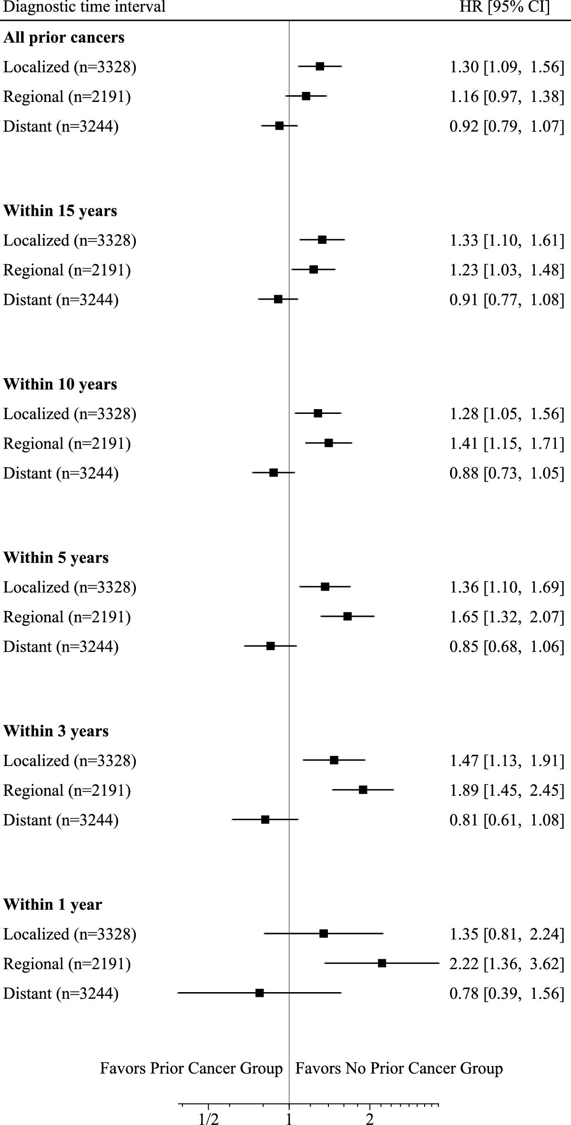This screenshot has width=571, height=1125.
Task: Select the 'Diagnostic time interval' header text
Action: point(84,8)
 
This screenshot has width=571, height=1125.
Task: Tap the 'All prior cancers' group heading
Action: point(64,38)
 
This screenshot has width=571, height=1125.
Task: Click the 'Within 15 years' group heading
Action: point(60,211)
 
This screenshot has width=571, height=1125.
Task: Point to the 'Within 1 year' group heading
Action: point(52,904)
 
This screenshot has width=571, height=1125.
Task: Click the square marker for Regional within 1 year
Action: point(382,963)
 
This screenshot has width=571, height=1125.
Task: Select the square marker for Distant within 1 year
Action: point(260,993)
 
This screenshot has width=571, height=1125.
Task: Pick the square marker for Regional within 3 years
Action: point(363,790)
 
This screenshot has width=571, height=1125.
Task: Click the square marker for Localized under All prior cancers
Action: point(320,66)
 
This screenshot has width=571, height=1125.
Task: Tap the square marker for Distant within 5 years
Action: point(271,646)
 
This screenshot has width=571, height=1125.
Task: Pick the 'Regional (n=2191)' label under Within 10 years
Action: point(67,444)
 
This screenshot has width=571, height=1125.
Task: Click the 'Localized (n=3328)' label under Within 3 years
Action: point(70,761)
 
